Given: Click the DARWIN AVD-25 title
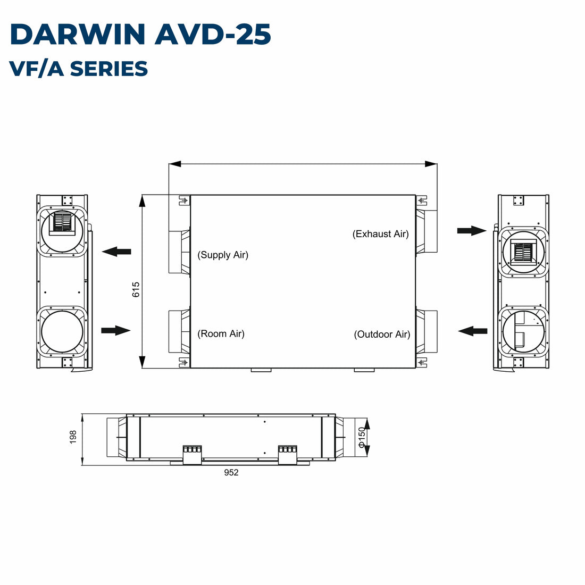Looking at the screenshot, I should [x=140, y=35].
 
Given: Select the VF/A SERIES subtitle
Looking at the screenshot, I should [x=79, y=69].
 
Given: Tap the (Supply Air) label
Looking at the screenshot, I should [x=223, y=255].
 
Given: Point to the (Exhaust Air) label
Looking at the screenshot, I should [x=381, y=234].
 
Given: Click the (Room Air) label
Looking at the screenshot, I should [x=221, y=334].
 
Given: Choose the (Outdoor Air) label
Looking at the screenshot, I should [x=382, y=335].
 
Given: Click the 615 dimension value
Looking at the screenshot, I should [x=136, y=289].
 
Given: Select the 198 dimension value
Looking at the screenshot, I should [x=73, y=437].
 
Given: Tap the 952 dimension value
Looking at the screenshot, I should [x=231, y=473].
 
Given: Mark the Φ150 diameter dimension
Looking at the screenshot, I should [x=362, y=437].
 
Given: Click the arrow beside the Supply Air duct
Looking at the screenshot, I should [x=116, y=252].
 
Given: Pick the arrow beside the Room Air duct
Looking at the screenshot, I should [x=115, y=331].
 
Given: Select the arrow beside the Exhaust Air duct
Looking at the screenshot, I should [x=472, y=230].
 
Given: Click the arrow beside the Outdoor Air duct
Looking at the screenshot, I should [x=473, y=331].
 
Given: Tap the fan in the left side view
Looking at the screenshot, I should [x=63, y=223].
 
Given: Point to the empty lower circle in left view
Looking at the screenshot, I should [x=62, y=331].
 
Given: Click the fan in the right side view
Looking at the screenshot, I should [x=523, y=252].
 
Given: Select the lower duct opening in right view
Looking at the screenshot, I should [x=523, y=331].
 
